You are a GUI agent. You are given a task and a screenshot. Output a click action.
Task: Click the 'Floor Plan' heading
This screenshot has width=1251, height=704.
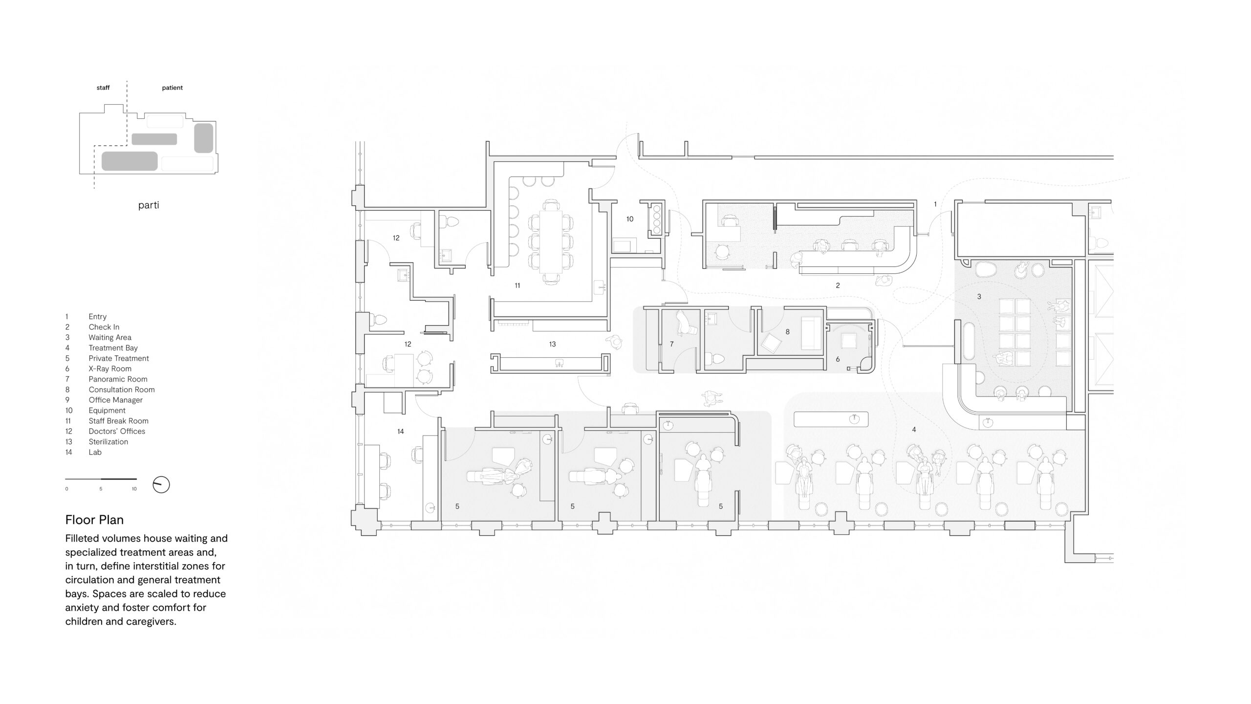point(94,520)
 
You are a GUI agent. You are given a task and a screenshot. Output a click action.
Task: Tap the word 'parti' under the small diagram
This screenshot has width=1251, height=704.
point(149,205)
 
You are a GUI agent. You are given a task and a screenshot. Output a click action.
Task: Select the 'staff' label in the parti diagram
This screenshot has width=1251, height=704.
point(103,88)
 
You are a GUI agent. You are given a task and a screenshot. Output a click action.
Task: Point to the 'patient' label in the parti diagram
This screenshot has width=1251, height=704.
point(173,88)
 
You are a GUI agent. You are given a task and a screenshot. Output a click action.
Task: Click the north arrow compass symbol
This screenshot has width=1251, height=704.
point(161,484)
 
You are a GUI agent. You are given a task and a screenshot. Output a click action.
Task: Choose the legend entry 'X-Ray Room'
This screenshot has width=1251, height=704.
point(110,369)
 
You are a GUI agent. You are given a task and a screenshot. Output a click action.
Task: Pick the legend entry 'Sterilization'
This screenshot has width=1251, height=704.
point(108,441)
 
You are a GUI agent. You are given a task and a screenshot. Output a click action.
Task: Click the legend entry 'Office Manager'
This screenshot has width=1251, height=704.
point(116,400)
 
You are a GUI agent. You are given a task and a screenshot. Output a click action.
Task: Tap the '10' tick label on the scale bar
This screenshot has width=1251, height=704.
point(134,489)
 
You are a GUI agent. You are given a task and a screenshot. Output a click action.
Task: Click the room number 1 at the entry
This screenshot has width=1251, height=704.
point(935,204)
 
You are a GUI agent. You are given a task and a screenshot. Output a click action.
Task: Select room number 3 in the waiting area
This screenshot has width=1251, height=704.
point(979,297)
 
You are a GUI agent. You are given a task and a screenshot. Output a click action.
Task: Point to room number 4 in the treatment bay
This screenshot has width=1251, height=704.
point(914,430)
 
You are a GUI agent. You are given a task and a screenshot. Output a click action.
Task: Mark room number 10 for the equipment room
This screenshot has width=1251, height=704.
point(630,219)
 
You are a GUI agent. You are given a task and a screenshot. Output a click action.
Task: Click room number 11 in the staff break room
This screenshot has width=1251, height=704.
point(518,286)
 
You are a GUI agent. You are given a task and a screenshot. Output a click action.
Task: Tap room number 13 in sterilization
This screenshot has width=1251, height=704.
point(552,344)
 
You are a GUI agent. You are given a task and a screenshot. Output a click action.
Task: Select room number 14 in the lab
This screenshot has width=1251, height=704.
point(401,431)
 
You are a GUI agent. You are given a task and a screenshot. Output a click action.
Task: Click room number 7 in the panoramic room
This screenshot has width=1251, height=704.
point(671,344)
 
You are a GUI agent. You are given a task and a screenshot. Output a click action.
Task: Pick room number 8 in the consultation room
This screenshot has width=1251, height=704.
point(787,331)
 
